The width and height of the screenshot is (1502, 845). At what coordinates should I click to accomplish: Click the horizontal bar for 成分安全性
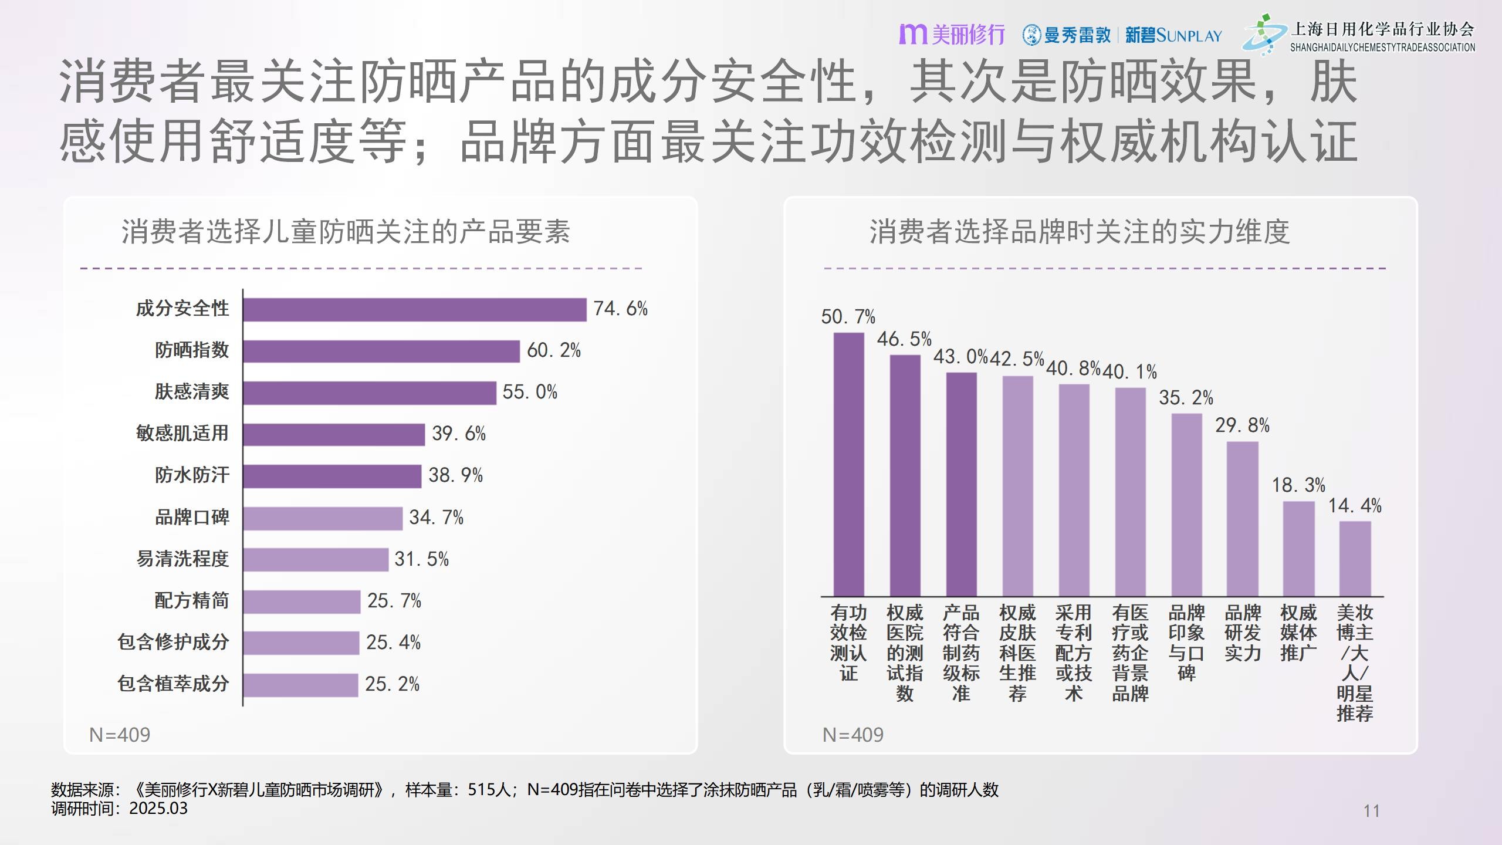pos(415,310)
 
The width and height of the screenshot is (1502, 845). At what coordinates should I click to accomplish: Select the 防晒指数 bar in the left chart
pos(381,351)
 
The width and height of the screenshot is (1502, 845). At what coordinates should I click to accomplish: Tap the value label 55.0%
pos(530,392)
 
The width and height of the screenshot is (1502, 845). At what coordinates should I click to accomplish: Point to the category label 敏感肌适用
pos(182,433)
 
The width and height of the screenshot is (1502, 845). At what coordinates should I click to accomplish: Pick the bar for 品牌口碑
pos(323,518)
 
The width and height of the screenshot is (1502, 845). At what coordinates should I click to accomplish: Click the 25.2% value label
pos(392,684)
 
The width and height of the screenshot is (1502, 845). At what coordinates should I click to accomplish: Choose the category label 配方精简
pos(191,600)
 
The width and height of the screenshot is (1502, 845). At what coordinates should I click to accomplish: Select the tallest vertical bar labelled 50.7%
pos(848,464)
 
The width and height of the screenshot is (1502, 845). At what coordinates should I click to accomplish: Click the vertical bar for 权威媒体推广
pos(1298,549)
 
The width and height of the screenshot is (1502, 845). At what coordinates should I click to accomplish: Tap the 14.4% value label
pos(1355,506)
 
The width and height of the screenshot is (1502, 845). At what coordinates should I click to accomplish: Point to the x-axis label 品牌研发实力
pos(1243,633)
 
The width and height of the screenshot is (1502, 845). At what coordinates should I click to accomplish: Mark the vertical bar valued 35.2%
pos(1186,505)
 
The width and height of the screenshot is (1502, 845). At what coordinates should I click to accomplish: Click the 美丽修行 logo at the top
pos(952,35)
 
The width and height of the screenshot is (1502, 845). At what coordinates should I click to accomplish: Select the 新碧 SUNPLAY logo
pos(1173,35)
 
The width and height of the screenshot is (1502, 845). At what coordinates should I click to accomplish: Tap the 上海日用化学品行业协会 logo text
pos(1382,29)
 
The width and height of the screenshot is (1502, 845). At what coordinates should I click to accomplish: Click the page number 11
pos(1371,811)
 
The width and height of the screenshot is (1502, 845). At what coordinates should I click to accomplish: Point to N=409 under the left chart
pos(120,735)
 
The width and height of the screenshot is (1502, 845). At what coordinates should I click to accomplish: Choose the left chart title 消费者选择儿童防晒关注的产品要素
pos(346,232)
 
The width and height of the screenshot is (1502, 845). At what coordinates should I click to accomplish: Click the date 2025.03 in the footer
pos(158,808)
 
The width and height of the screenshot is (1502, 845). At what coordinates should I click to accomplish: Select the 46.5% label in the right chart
pos(904,339)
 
